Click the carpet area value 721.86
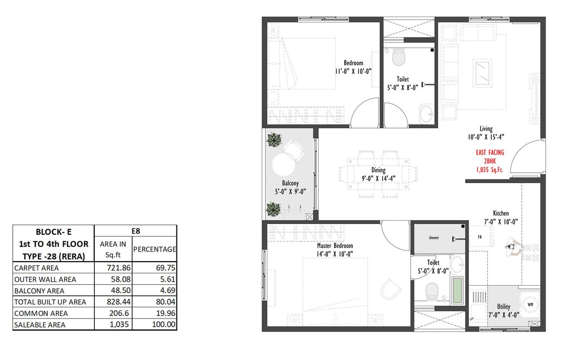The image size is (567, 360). pyautogui.click(x=119, y=268)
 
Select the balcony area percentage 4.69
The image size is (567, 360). pyautogui.click(x=168, y=291)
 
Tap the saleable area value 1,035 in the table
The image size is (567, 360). pyautogui.click(x=119, y=325)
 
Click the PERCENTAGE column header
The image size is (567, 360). pyautogui.click(x=154, y=249)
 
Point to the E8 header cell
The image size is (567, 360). pyautogui.click(x=135, y=231)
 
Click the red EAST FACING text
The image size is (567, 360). pyautogui.click(x=490, y=152)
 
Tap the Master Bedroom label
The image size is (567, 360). pyautogui.click(x=335, y=246)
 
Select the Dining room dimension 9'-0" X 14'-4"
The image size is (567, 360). pyautogui.click(x=379, y=179)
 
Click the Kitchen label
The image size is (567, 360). pyautogui.click(x=501, y=213)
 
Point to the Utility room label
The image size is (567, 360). pyautogui.click(x=503, y=307)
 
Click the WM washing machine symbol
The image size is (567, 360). pyautogui.click(x=530, y=304)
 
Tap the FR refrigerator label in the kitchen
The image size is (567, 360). pyautogui.click(x=480, y=237)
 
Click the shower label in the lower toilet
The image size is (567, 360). pyautogui.click(x=434, y=238)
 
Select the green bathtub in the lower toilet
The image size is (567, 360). pyautogui.click(x=458, y=291)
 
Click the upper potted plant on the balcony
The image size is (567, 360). pyautogui.click(x=274, y=140)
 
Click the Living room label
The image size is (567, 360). pyautogui.click(x=486, y=129)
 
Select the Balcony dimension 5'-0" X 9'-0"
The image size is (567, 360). pyautogui.click(x=290, y=192)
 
